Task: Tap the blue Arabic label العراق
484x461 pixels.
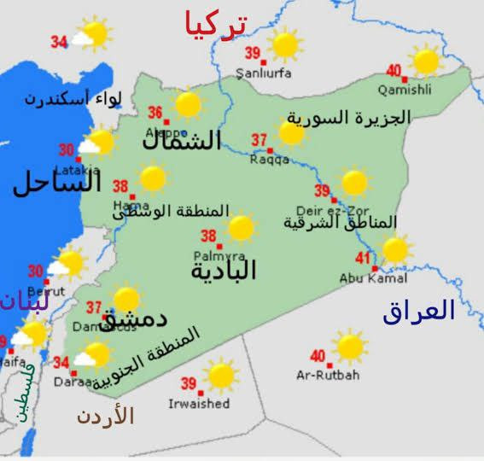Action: [418, 311]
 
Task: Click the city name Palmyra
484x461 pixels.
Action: [219, 255]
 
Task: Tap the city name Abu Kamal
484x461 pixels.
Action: [373, 278]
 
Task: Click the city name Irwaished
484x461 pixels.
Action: [199, 403]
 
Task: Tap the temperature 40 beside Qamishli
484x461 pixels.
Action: [394, 71]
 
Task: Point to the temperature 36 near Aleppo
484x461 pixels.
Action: [155, 113]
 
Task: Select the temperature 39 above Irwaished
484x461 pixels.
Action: [189, 383]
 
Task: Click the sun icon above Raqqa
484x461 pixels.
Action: [291, 132]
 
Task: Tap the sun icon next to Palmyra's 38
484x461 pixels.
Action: [241, 228]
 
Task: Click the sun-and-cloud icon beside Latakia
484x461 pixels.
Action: [98, 143]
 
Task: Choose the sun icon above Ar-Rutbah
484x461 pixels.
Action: [349, 347]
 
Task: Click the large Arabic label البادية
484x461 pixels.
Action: [224, 271]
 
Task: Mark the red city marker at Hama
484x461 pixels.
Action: [132, 197]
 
